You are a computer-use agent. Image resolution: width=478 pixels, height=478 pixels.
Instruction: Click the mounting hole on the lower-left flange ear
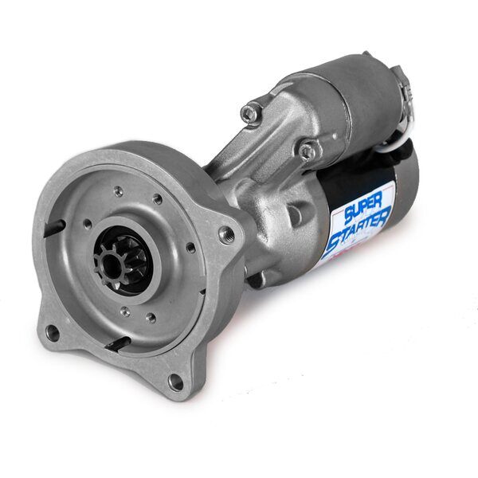pos(53,332)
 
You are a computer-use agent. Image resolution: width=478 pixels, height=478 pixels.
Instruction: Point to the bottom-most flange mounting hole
pos(175,380)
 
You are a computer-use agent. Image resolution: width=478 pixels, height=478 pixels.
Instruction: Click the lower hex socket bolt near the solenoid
pos(308,151)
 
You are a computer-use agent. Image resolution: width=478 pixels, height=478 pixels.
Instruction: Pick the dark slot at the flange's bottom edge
pos(118,343)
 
